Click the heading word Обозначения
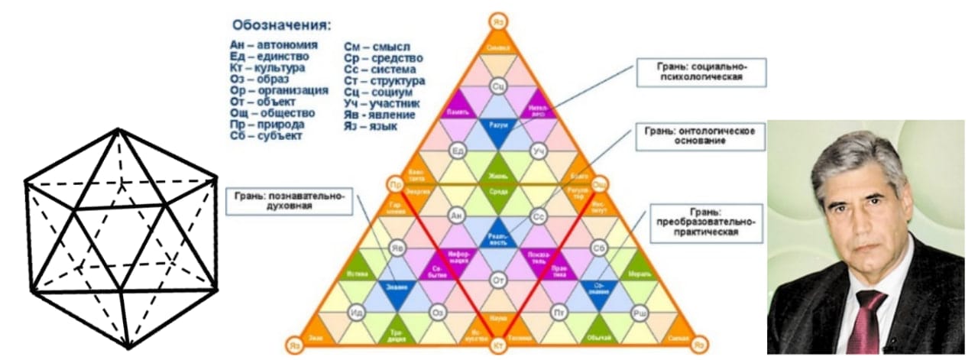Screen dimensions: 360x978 point(282,24)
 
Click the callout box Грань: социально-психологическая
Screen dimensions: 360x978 point(701,72)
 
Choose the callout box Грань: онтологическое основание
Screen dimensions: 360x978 point(700,138)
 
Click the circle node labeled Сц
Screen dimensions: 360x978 point(498,85)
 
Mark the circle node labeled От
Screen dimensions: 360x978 point(498,280)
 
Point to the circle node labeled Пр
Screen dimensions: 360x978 point(395,185)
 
